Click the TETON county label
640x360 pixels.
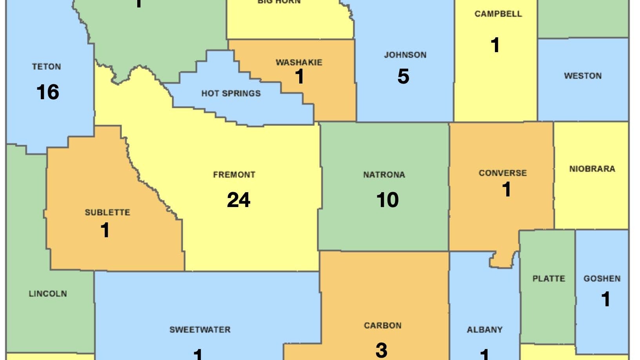tap(46, 67)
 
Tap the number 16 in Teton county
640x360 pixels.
tap(47, 92)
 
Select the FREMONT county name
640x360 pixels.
tap(234, 175)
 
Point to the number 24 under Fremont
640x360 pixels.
tap(238, 200)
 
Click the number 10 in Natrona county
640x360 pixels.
tap(387, 200)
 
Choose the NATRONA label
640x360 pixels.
tap(384, 175)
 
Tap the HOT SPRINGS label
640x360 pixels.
tap(231, 93)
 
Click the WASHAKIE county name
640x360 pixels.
tap(299, 62)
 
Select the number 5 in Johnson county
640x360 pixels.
tap(403, 76)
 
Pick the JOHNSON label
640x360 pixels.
tap(405, 55)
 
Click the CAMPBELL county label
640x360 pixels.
tap(498, 14)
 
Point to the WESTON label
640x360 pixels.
tap(583, 76)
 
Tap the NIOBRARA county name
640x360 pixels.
tap(592, 169)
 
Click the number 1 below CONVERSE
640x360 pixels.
tap(507, 189)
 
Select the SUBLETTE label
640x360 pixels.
tap(107, 213)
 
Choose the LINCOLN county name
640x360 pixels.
tap(48, 294)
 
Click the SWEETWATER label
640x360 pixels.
tap(200, 330)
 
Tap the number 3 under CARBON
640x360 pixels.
tap(382, 350)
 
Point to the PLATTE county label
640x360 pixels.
tap(549, 279)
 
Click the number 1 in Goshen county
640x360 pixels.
tap(605, 299)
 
